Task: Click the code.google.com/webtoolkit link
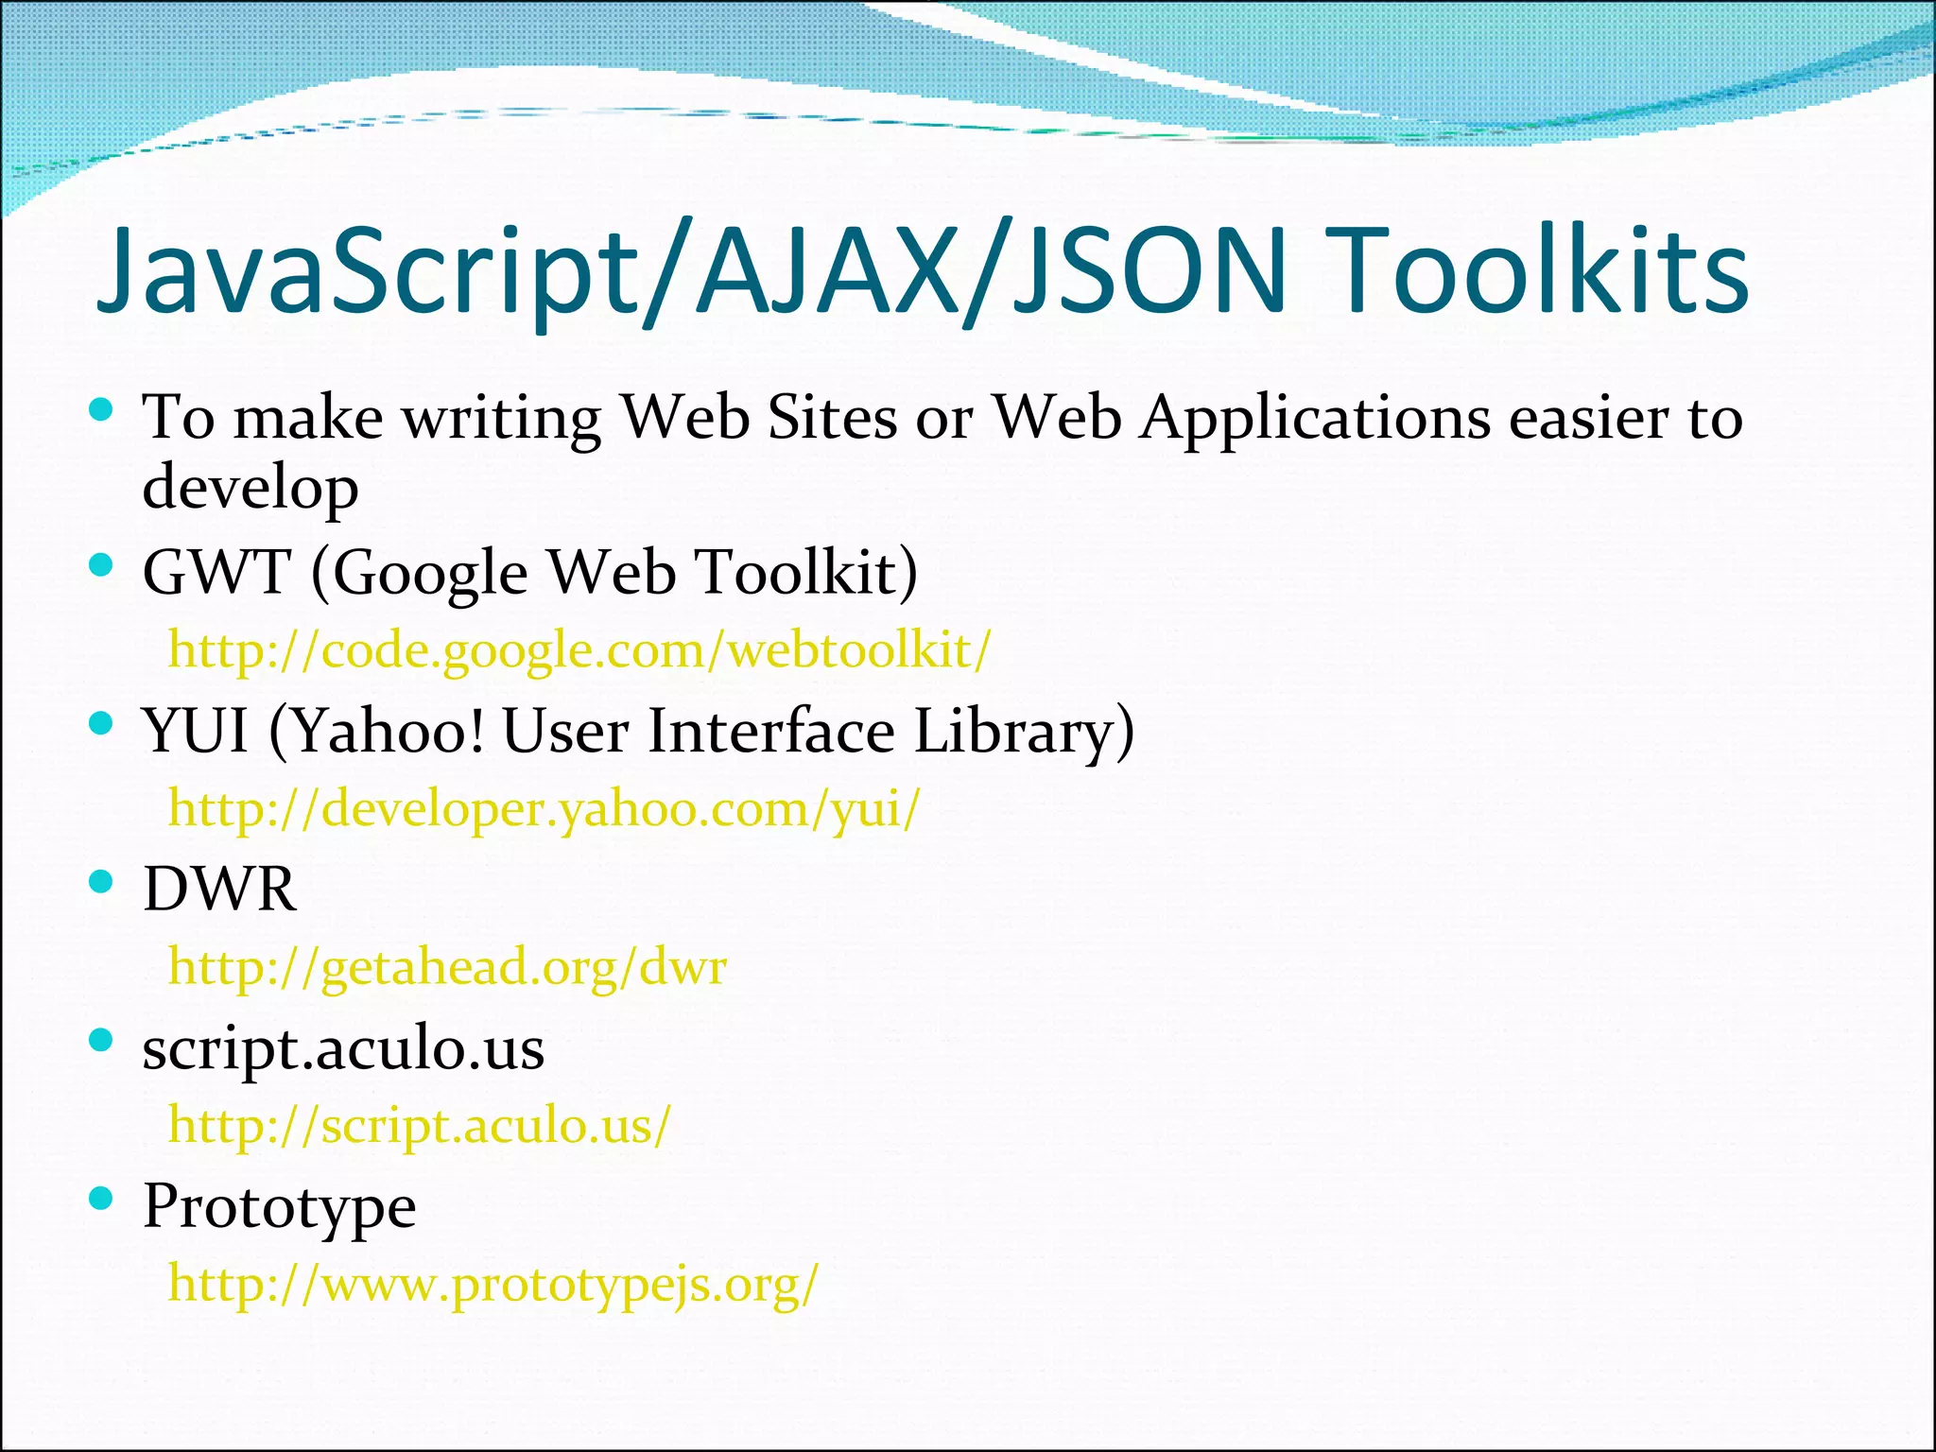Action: (579, 650)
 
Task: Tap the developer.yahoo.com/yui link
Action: (544, 809)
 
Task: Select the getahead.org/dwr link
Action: (447, 967)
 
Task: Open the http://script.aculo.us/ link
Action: (419, 1125)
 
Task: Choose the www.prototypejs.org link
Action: (493, 1284)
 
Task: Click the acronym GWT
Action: (216, 573)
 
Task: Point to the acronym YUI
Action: (196, 731)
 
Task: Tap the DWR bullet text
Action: (219, 890)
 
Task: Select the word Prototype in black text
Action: (279, 1206)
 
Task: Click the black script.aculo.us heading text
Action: (343, 1048)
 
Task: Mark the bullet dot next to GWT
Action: (100, 565)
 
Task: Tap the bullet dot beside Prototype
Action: (100, 1199)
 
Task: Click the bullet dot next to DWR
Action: (100, 882)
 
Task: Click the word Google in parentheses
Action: (430, 573)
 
